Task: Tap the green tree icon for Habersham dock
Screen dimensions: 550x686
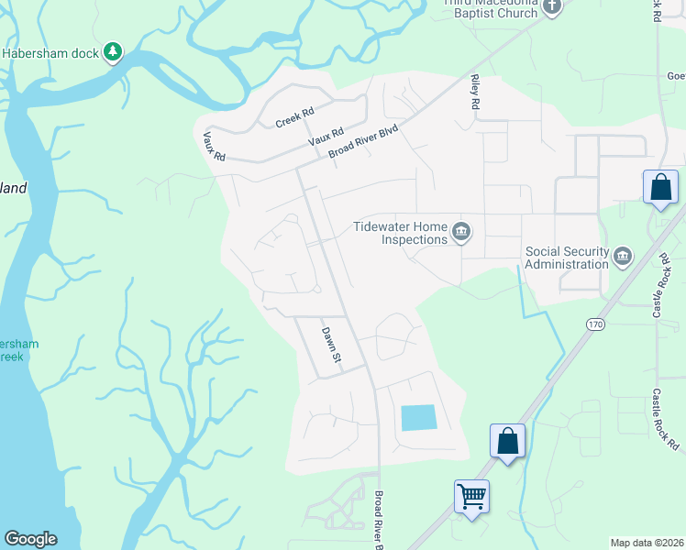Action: click(x=113, y=52)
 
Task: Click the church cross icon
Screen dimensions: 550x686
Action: click(x=551, y=7)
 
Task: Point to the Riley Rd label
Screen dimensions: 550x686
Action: click(x=475, y=93)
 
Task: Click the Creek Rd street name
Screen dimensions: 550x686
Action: click(x=294, y=117)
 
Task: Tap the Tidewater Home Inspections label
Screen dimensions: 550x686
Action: click(x=402, y=233)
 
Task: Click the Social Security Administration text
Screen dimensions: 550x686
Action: click(x=566, y=258)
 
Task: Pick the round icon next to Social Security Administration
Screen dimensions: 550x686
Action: click(x=624, y=255)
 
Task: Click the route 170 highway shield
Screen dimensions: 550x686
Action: click(x=596, y=324)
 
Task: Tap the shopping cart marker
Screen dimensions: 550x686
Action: click(x=471, y=497)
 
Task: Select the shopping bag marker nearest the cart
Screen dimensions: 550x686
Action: click(x=507, y=441)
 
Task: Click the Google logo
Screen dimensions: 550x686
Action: click(x=30, y=539)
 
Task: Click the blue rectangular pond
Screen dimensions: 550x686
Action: click(x=418, y=418)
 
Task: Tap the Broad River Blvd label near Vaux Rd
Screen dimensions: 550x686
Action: click(x=365, y=142)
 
